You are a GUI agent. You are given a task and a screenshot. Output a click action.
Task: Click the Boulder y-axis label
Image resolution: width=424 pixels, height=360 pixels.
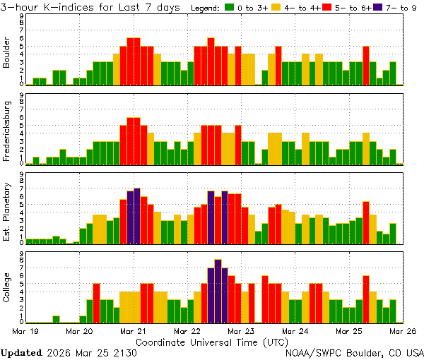(7, 54)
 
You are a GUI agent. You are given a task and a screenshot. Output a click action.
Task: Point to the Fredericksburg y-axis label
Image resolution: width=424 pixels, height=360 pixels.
(7, 133)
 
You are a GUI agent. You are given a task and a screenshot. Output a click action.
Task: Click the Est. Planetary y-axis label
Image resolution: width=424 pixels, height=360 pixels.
(7, 212)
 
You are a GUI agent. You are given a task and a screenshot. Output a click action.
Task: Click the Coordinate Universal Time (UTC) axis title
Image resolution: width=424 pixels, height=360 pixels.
(212, 341)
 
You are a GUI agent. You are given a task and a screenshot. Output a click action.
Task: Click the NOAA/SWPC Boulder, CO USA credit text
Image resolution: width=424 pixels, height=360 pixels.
(355, 352)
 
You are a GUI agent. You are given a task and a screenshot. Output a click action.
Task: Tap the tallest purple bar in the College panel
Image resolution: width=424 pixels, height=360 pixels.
(218, 291)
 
